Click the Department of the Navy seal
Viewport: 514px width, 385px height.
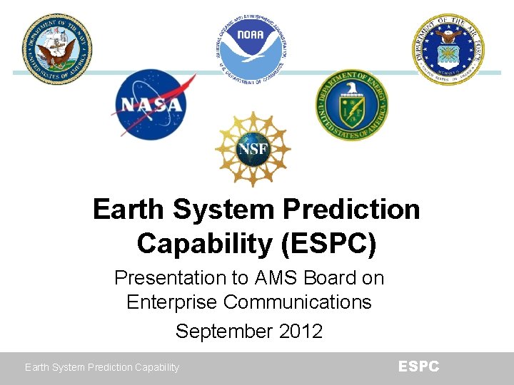[56, 48]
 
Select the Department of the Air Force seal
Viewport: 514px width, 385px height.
[450, 48]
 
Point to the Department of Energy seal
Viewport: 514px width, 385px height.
[352, 105]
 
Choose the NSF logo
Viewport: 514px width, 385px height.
[253, 149]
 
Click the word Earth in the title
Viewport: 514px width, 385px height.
[129, 210]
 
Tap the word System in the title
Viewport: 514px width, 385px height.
[223, 210]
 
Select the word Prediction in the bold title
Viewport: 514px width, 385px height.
[351, 210]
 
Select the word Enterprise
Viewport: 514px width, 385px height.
[172, 302]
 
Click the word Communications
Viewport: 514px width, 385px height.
[298, 302]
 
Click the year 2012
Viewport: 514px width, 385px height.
[300, 332]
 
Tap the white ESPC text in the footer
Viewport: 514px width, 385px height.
[418, 366]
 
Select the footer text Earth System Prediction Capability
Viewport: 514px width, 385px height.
[102, 368]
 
